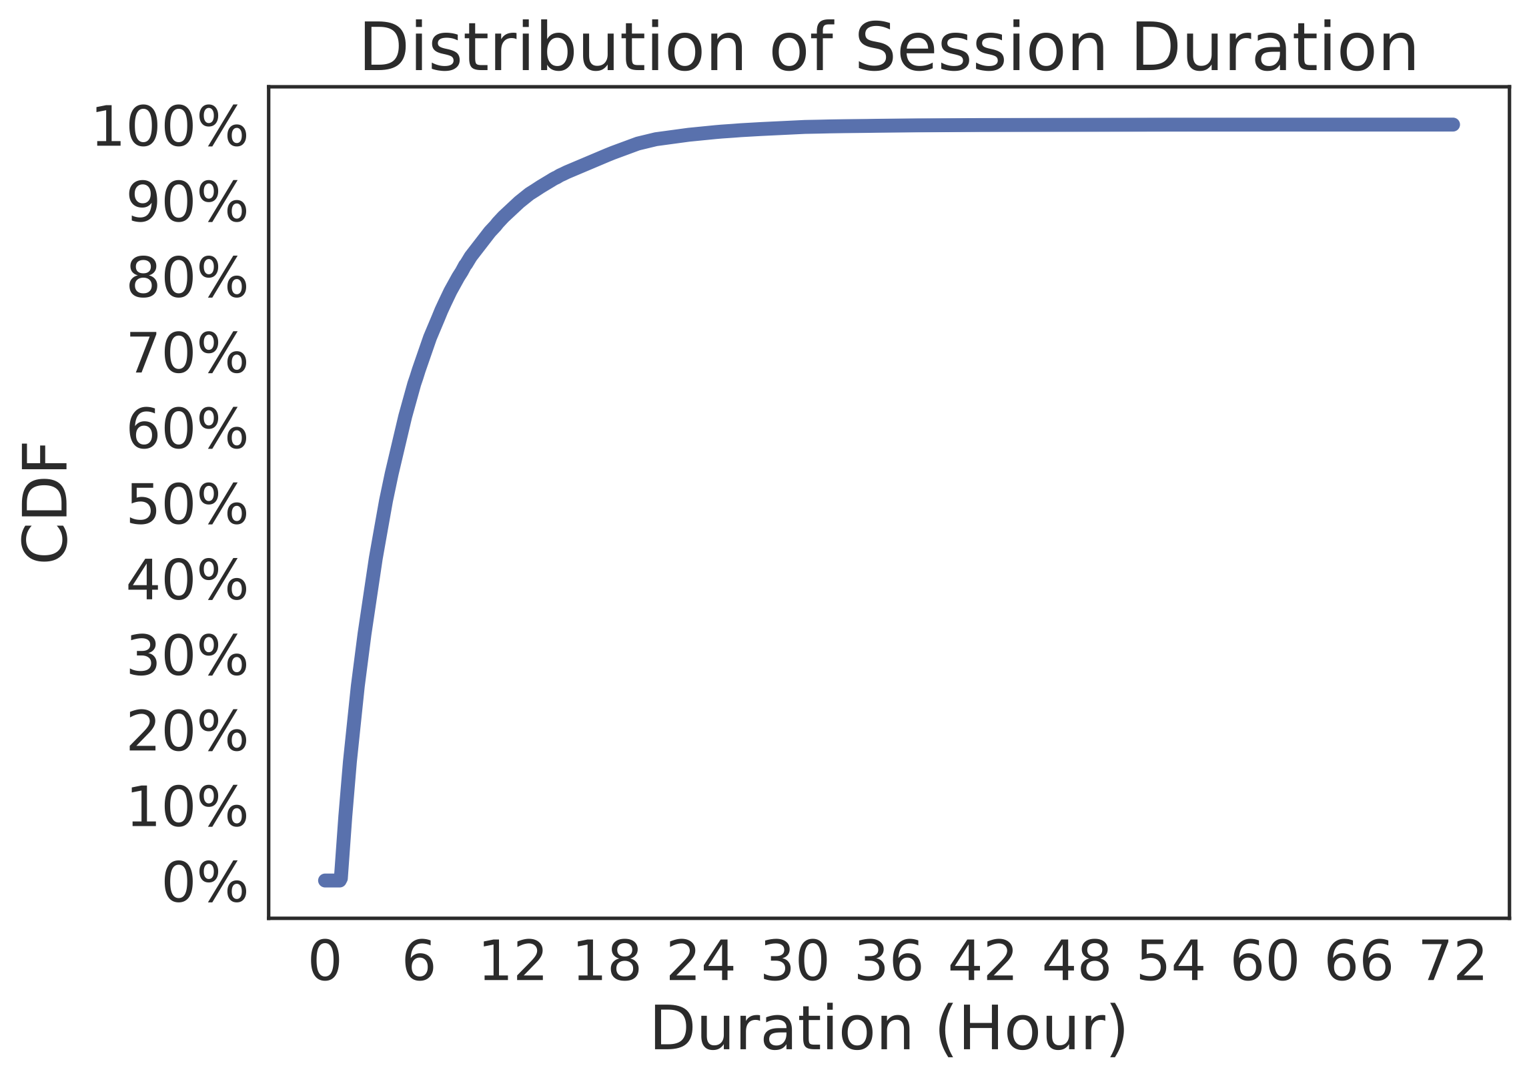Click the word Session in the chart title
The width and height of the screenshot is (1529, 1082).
(x=981, y=47)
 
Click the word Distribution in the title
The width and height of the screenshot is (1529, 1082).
(x=552, y=47)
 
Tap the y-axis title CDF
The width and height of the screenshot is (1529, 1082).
(x=45, y=502)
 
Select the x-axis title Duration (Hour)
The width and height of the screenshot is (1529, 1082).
(x=889, y=1029)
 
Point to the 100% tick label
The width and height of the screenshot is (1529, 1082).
(x=170, y=127)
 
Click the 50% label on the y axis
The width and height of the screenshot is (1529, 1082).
(x=187, y=505)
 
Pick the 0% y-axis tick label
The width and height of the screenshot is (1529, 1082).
(x=205, y=882)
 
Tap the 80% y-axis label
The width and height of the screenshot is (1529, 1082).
(x=187, y=278)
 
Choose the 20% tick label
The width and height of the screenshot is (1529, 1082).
(x=187, y=732)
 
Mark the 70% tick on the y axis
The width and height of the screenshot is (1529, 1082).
(x=187, y=353)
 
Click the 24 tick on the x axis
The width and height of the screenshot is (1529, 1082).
(x=700, y=961)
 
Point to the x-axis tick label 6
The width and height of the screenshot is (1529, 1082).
(x=419, y=961)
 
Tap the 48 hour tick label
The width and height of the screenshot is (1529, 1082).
(x=1077, y=961)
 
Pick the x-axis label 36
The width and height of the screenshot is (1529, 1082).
(x=889, y=961)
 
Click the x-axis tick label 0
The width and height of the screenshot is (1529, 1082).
(x=325, y=961)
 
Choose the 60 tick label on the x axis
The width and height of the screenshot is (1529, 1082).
(x=1265, y=961)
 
